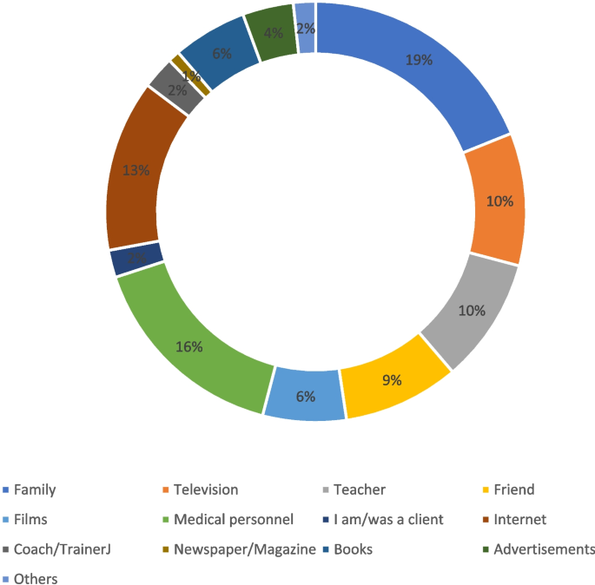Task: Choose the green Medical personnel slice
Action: (x=191, y=347)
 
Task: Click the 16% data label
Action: (x=189, y=347)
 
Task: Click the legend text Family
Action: (x=34, y=490)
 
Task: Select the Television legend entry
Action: (x=206, y=490)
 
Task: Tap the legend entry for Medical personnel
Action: (x=234, y=520)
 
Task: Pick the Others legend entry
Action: (x=35, y=578)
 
